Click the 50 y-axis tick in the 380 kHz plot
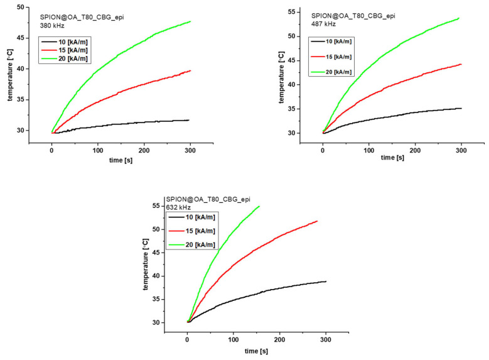pos(20,7)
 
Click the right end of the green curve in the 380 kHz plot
pos(190,21)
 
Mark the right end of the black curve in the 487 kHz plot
pos(461,108)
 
